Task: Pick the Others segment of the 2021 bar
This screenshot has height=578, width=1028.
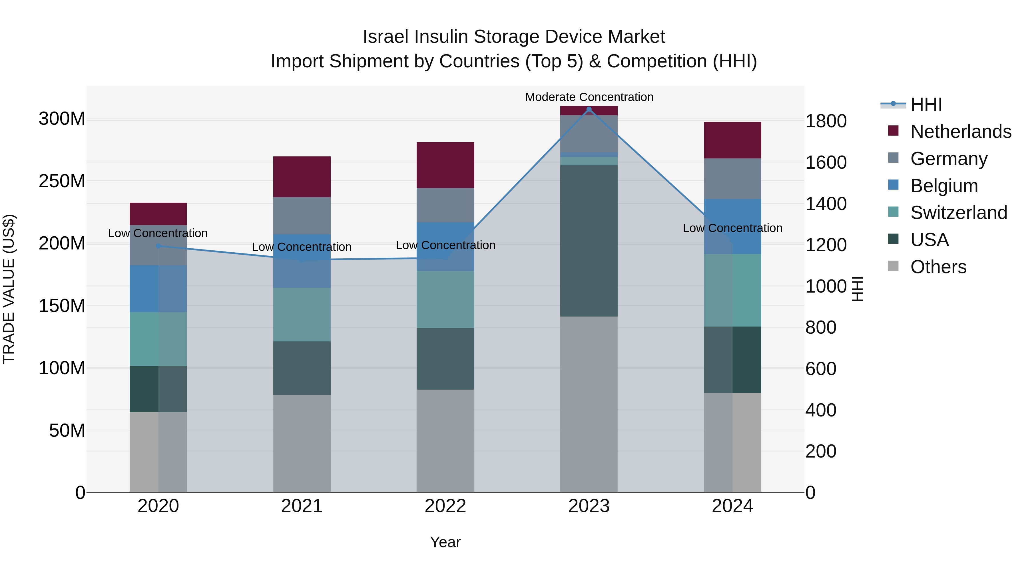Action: pyautogui.click(x=302, y=443)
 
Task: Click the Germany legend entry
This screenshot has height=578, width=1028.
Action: pyautogui.click(x=949, y=158)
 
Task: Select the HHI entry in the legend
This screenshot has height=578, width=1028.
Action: pyautogui.click(x=926, y=104)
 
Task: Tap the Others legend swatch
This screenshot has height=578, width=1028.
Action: pyautogui.click(x=893, y=266)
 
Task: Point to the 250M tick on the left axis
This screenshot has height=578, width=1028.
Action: pyautogui.click(x=62, y=181)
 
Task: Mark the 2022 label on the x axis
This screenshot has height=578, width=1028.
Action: pyautogui.click(x=445, y=506)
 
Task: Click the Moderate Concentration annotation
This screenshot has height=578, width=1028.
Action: pyautogui.click(x=589, y=97)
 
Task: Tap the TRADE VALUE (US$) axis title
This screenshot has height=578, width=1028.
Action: pyautogui.click(x=9, y=289)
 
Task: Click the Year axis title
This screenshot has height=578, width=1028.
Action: pyautogui.click(x=445, y=542)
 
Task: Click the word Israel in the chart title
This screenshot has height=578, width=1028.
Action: pyautogui.click(x=386, y=37)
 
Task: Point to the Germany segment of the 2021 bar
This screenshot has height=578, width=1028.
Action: pyautogui.click(x=302, y=216)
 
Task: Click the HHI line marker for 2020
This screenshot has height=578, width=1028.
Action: pyautogui.click(x=158, y=246)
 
